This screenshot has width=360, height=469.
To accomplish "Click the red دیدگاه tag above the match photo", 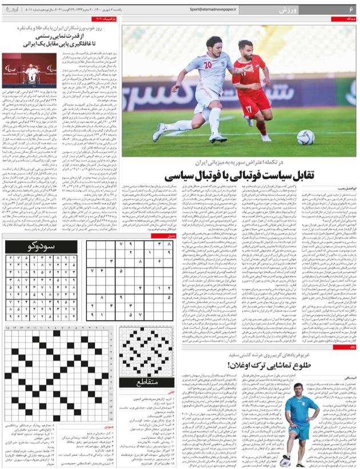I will click(x=349, y=19).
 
